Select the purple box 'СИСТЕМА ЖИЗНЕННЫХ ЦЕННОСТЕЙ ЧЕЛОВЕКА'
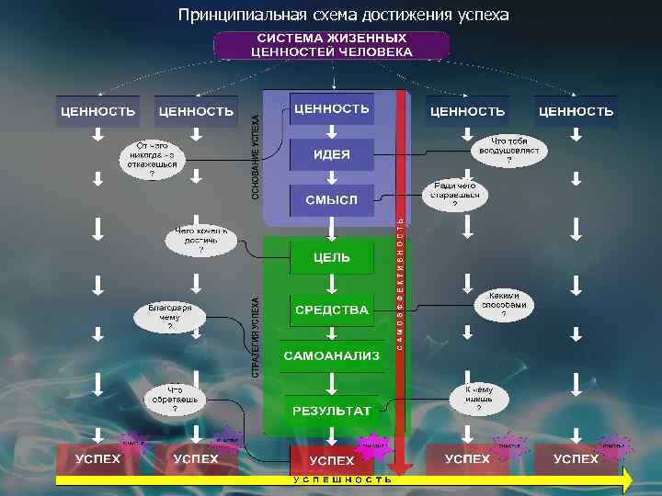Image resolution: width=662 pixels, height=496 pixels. point(332,45)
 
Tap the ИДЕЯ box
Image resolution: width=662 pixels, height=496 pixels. point(332,154)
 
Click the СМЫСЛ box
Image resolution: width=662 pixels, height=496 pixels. point(332,198)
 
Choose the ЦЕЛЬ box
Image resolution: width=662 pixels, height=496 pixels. point(332,257)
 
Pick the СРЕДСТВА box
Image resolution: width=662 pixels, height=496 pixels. point(332,310)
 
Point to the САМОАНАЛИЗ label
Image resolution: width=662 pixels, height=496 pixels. point(332,355)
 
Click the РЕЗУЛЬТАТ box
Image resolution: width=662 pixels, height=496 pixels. point(332,410)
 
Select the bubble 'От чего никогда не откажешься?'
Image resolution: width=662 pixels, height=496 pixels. point(153,160)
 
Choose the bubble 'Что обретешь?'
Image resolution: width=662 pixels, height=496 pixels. point(175,398)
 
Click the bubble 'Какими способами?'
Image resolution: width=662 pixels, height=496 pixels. point(504,300)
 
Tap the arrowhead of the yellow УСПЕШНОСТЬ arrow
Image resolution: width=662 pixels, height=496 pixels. point(627,479)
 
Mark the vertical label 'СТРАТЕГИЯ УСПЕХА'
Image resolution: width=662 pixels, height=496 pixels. point(256,335)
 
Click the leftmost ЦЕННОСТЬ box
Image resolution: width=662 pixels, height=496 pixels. point(97,111)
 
